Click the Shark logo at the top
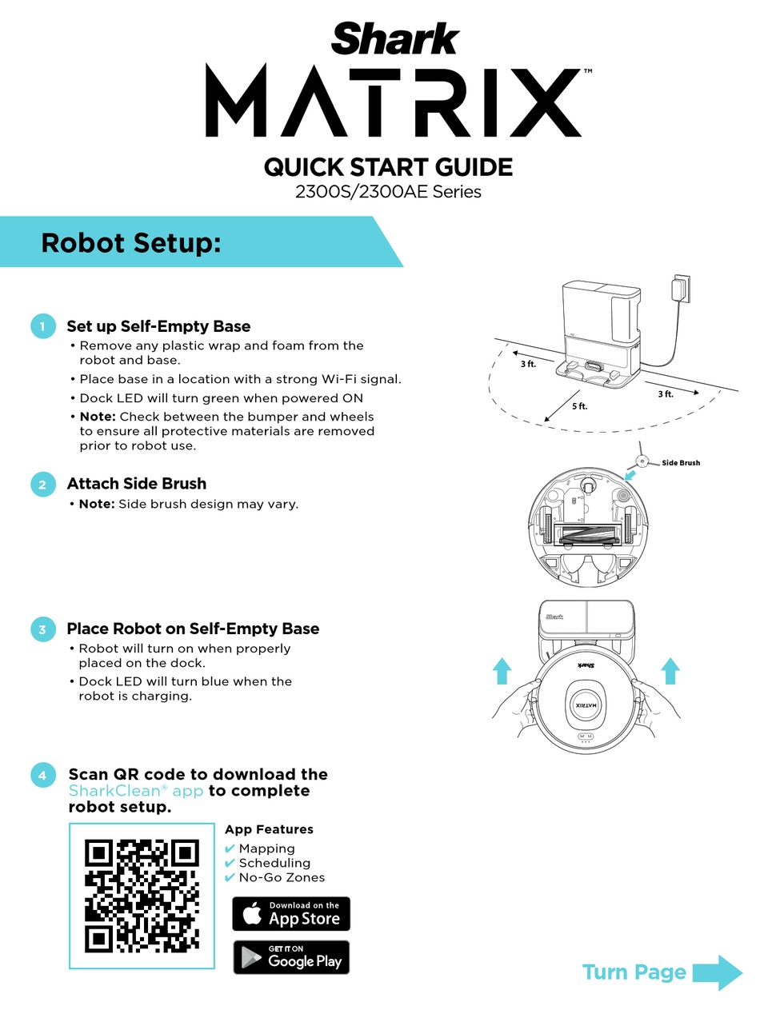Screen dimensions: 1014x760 [395, 38]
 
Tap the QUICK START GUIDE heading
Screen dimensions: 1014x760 [388, 167]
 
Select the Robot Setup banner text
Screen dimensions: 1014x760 [130, 242]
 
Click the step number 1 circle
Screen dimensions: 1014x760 [42, 326]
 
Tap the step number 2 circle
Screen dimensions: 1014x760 [42, 484]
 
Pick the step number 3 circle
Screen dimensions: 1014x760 [42, 629]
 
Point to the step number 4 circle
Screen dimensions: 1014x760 [42, 775]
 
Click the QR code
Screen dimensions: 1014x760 [142, 896]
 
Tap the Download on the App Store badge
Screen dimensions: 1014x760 [291, 914]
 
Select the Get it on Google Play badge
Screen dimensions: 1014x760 [291, 957]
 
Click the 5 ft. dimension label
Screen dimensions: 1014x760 [579, 406]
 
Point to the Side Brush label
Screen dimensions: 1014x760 [680, 463]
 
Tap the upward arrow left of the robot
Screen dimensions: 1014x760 [502, 670]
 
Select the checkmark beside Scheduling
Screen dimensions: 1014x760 [230, 864]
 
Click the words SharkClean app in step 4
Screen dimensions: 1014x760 [136, 791]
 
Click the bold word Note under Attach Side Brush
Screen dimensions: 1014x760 [97, 505]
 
